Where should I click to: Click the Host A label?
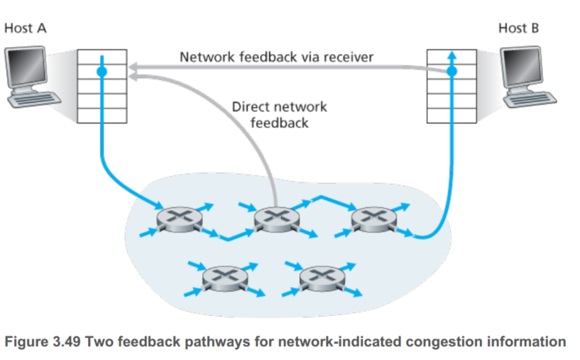coord(26,28)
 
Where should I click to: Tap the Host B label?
coord(523,28)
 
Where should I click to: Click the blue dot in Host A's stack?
coord(102,72)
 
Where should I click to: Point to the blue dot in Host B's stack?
coord(452,72)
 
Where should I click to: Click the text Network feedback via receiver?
coord(276,56)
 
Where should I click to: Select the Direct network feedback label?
coord(280,114)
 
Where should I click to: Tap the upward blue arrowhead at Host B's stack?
coord(452,54)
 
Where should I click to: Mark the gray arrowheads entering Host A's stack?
coord(133,70)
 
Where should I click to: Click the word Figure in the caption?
coord(26,342)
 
